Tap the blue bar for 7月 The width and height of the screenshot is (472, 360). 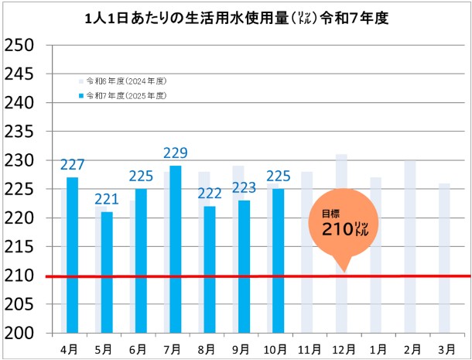pyautogui.click(x=176, y=249)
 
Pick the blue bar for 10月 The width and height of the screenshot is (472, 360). pyautogui.click(x=279, y=260)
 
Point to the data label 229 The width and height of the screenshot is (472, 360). pyautogui.click(x=176, y=153)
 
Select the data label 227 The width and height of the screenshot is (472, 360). pyautogui.click(x=72, y=165)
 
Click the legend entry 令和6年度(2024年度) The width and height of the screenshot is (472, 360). pyautogui.click(x=128, y=81)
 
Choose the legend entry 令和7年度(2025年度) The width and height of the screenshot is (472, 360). pyautogui.click(x=128, y=95)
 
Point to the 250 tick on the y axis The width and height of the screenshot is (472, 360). pyautogui.click(x=19, y=45)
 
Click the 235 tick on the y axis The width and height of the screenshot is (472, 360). pyautogui.click(x=19, y=132)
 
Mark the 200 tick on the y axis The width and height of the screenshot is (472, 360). pyautogui.click(x=19, y=333)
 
